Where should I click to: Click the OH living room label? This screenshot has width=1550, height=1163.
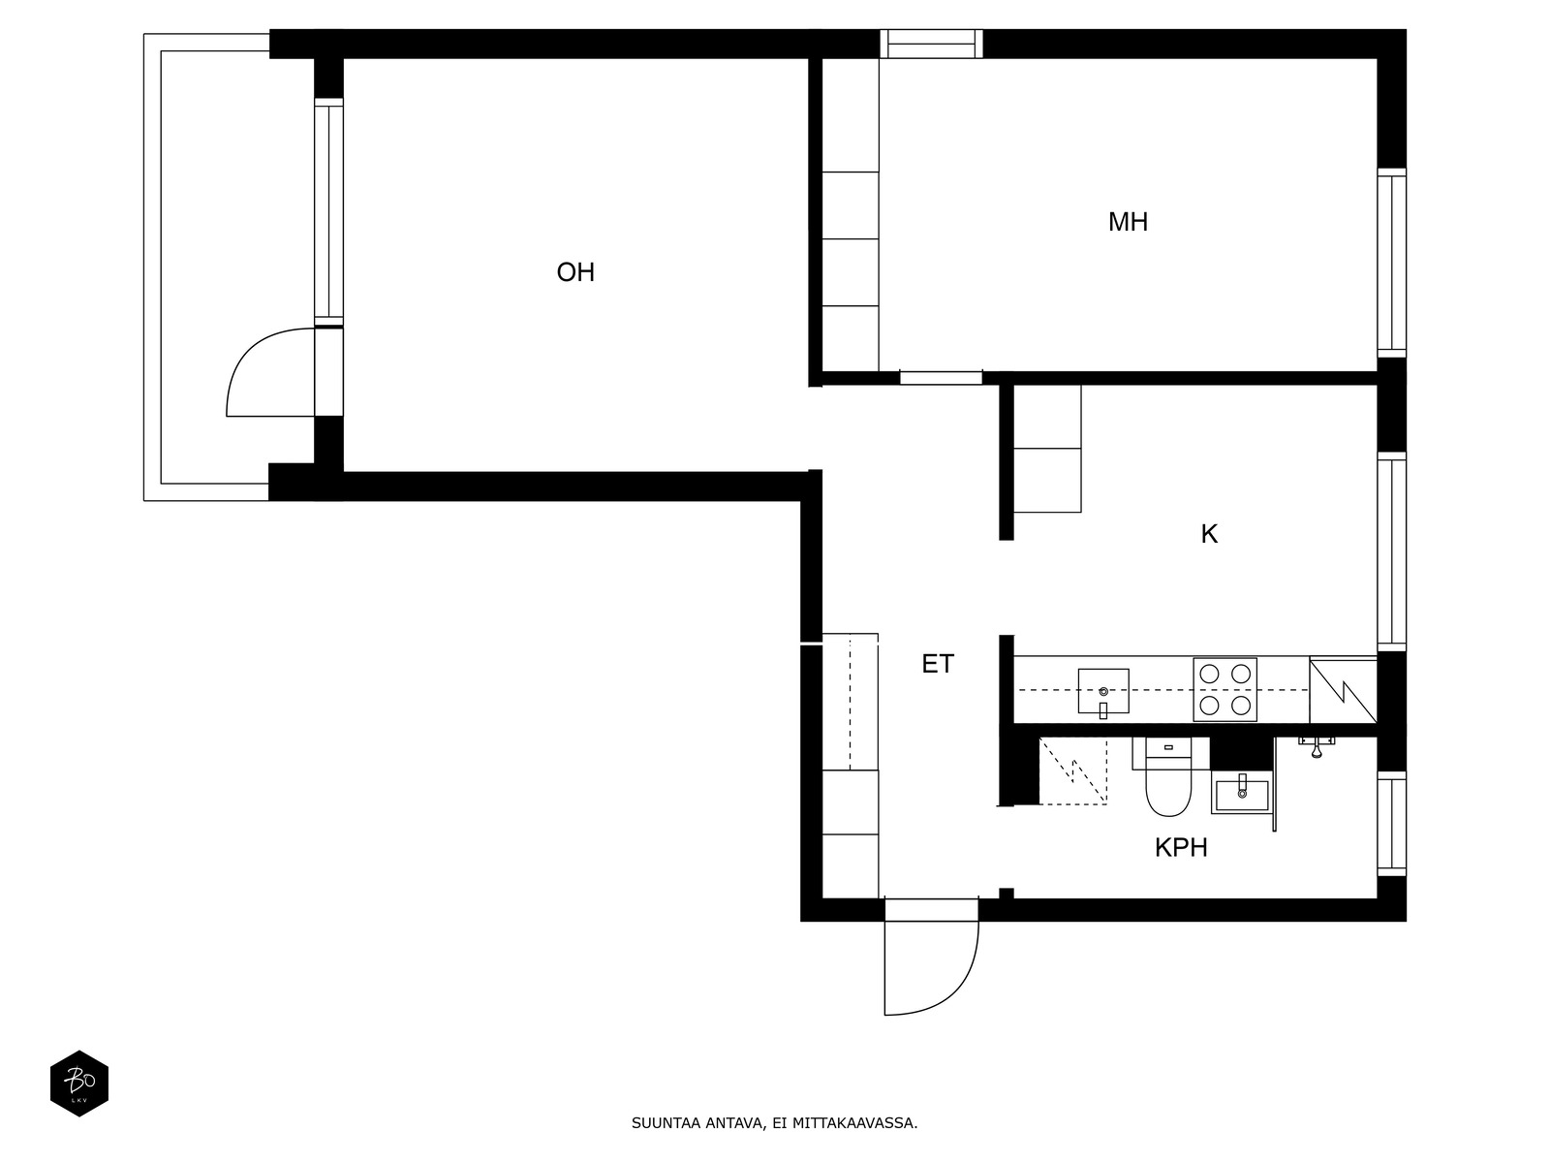574,272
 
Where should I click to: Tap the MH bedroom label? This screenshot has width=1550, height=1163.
1127,223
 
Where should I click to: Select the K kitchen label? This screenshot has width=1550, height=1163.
1209,535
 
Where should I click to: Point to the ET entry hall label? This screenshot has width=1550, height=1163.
938,664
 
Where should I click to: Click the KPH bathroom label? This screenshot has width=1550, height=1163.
1181,847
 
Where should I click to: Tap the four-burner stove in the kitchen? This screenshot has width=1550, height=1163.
1225,689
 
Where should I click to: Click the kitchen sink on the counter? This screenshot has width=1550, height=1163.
1103,691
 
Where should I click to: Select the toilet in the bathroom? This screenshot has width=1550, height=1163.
1168,776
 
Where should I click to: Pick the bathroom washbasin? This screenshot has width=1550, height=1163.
1241,794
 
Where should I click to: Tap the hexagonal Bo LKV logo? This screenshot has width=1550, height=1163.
79,1084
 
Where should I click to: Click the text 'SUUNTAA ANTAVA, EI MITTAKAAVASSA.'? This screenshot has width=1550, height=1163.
775,1123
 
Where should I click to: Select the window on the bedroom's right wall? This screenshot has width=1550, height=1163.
1391,264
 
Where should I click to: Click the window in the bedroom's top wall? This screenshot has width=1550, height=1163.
931,44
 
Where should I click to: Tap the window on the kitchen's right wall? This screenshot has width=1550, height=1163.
1391,551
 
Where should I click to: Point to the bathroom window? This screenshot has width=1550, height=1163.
1391,824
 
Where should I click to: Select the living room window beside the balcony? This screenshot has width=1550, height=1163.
328,212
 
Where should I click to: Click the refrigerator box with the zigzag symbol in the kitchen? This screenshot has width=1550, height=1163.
1343,690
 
